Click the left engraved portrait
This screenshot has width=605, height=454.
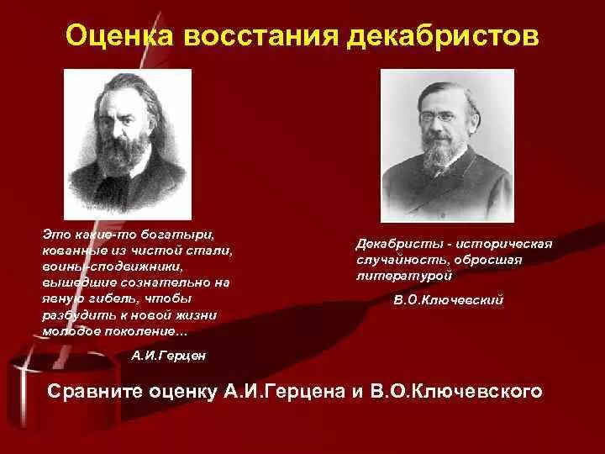click(x=128, y=144)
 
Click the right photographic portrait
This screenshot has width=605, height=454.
click(x=447, y=145)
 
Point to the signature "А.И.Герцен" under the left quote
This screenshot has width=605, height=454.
click(x=169, y=356)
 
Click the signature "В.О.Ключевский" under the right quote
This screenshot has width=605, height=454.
click(x=450, y=298)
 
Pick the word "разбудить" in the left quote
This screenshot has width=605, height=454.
click(x=73, y=314)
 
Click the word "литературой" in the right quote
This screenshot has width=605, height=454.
click(x=406, y=275)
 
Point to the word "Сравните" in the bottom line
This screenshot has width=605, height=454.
click(x=97, y=391)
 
